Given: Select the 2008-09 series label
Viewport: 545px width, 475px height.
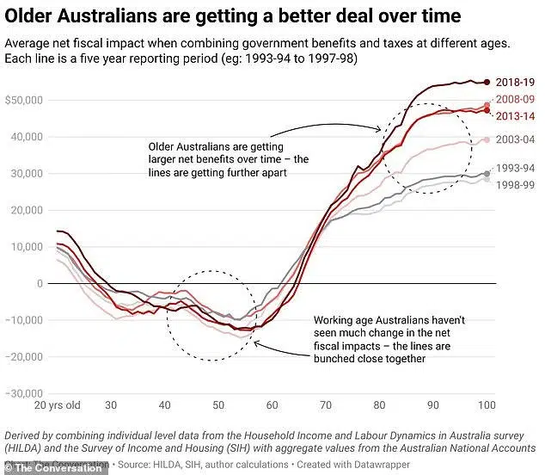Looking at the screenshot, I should pyautogui.click(x=514, y=103).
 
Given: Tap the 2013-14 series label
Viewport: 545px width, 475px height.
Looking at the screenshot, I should pyautogui.click(x=514, y=115).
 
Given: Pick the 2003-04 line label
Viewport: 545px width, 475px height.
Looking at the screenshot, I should pyautogui.click(x=514, y=139).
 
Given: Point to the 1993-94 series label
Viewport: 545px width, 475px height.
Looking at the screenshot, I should pyautogui.click(x=514, y=169).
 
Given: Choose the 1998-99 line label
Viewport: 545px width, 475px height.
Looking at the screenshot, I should pyautogui.click(x=514, y=182).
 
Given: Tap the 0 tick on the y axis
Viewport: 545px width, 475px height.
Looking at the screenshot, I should pyautogui.click(x=39, y=283).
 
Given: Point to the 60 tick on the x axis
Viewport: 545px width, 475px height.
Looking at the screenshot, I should pyautogui.click(x=272, y=404).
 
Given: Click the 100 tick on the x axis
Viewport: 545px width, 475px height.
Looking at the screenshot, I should pyautogui.click(x=487, y=404).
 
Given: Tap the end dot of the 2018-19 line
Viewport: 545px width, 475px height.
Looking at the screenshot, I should pyautogui.click(x=487, y=82).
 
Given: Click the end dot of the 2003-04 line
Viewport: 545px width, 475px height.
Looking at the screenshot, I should pyautogui.click(x=487, y=139).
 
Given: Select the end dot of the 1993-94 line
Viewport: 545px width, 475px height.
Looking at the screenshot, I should pyautogui.click(x=487, y=174).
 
